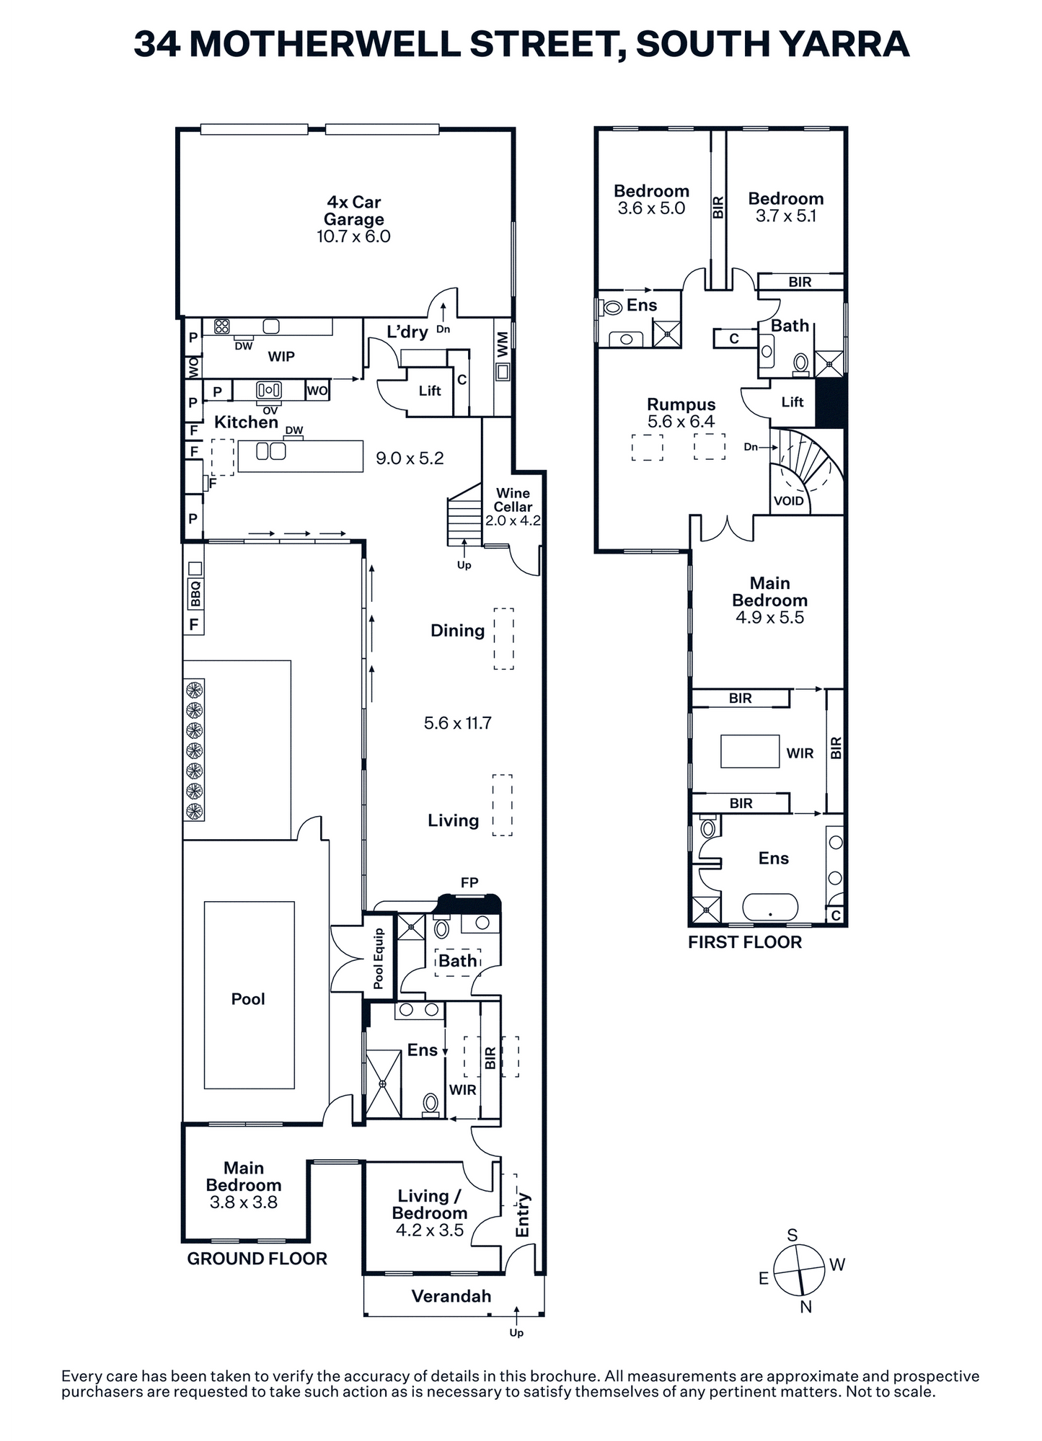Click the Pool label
248,999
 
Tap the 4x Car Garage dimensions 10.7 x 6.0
353,236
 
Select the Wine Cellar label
513,500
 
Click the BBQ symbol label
195,594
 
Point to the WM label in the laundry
503,345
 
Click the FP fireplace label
469,882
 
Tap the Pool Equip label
379,959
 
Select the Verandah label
451,1296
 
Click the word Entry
523,1215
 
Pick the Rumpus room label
681,404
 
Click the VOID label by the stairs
788,501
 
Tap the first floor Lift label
792,402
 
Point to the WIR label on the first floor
800,753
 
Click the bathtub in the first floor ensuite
770,907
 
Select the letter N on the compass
806,1307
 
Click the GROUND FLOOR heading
257,1259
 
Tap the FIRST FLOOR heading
745,942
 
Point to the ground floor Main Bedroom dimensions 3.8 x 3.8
244,1202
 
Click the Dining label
457,631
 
